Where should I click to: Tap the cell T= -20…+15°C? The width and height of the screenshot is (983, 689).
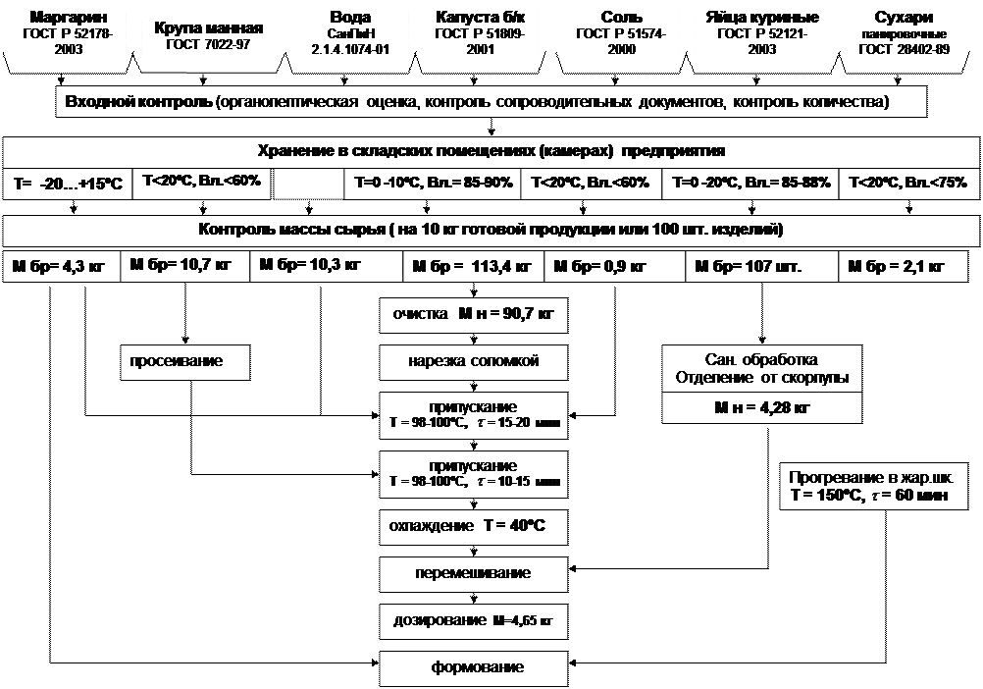point(68,184)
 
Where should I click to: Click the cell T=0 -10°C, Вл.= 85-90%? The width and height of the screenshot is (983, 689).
point(430,183)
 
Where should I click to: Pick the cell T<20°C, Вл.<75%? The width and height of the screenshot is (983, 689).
point(907,183)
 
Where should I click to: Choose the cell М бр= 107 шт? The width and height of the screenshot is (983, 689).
point(748,266)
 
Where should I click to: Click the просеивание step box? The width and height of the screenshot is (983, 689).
point(183,361)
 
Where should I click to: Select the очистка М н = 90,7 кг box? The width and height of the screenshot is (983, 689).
point(473,316)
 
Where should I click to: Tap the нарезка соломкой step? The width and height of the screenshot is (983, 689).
point(473,361)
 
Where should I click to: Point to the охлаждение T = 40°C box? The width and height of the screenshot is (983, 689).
point(473,526)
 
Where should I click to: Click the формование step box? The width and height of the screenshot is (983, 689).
point(473,667)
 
